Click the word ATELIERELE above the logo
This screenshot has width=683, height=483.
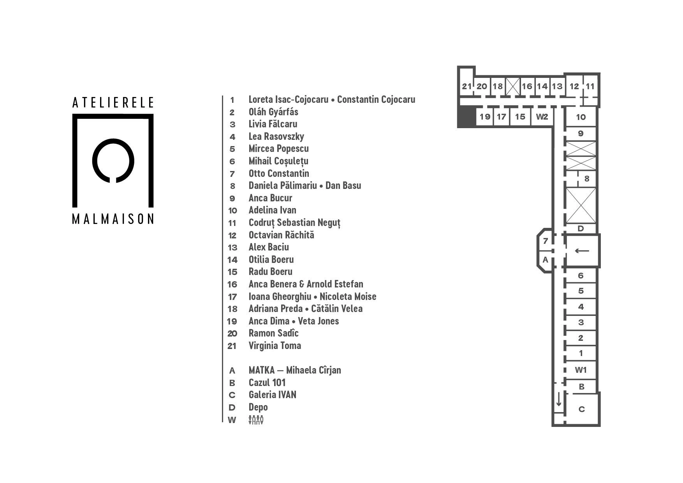113,102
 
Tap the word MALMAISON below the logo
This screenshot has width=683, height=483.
113,219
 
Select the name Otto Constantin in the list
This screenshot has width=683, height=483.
279,173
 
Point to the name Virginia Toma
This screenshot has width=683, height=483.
275,346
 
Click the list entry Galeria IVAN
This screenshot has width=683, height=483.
272,395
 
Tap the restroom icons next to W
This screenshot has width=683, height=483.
256,420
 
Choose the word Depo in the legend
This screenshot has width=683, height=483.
258,407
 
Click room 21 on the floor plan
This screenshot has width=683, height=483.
466,86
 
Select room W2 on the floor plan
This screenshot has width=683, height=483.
542,117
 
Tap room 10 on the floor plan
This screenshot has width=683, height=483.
581,117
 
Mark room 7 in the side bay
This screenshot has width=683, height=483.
545,241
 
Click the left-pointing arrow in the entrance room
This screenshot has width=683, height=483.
582,251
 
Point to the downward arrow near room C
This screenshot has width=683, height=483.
559,400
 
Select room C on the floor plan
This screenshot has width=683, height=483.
581,409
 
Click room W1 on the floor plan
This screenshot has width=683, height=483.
581,370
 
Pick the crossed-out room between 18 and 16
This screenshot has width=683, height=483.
513,86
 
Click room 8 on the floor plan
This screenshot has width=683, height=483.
586,179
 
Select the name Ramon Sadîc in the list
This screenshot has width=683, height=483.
273,333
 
